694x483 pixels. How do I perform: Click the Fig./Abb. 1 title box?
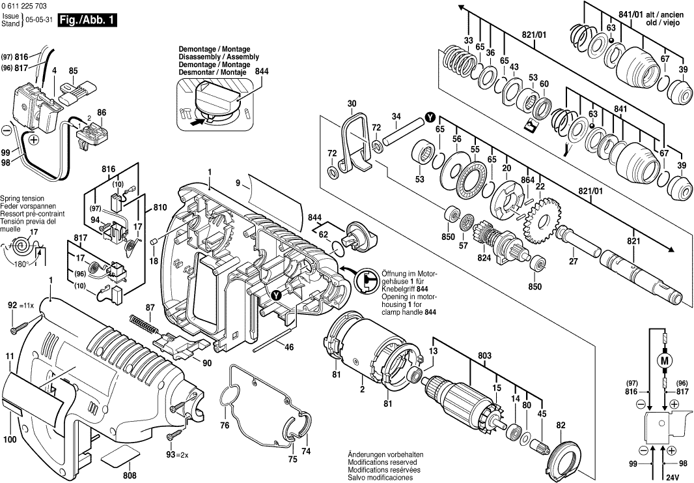pyautogui.click(x=87, y=20)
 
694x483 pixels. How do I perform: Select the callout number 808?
pyautogui.click(x=130, y=475)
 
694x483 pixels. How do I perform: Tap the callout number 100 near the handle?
pyautogui.click(x=9, y=440)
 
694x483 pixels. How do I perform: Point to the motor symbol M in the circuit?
pyautogui.click(x=665, y=360)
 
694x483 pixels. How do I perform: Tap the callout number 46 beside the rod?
pyautogui.click(x=289, y=347)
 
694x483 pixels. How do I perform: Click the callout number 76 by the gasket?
pyautogui.click(x=225, y=426)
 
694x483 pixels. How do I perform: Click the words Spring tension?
pyautogui.click(x=22, y=198)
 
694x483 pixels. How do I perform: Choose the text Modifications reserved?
pyautogui.click(x=385, y=462)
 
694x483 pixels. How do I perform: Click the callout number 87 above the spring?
pyautogui.click(x=150, y=307)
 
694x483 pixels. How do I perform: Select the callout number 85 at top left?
pyautogui.click(x=74, y=70)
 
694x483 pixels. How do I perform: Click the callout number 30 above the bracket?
pyautogui.click(x=352, y=104)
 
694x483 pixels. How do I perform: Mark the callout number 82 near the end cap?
pyautogui.click(x=561, y=426)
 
